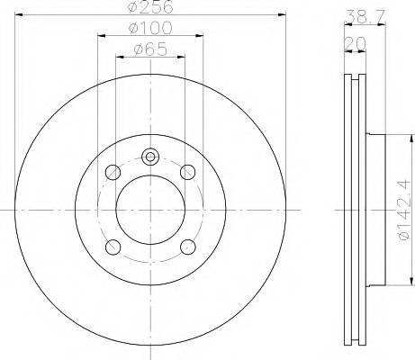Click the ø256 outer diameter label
point(149,8)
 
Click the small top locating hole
point(149,157)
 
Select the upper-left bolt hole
point(113,172)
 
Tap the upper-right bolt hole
point(187,172)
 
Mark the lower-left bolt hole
point(113,247)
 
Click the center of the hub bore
point(149,209)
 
